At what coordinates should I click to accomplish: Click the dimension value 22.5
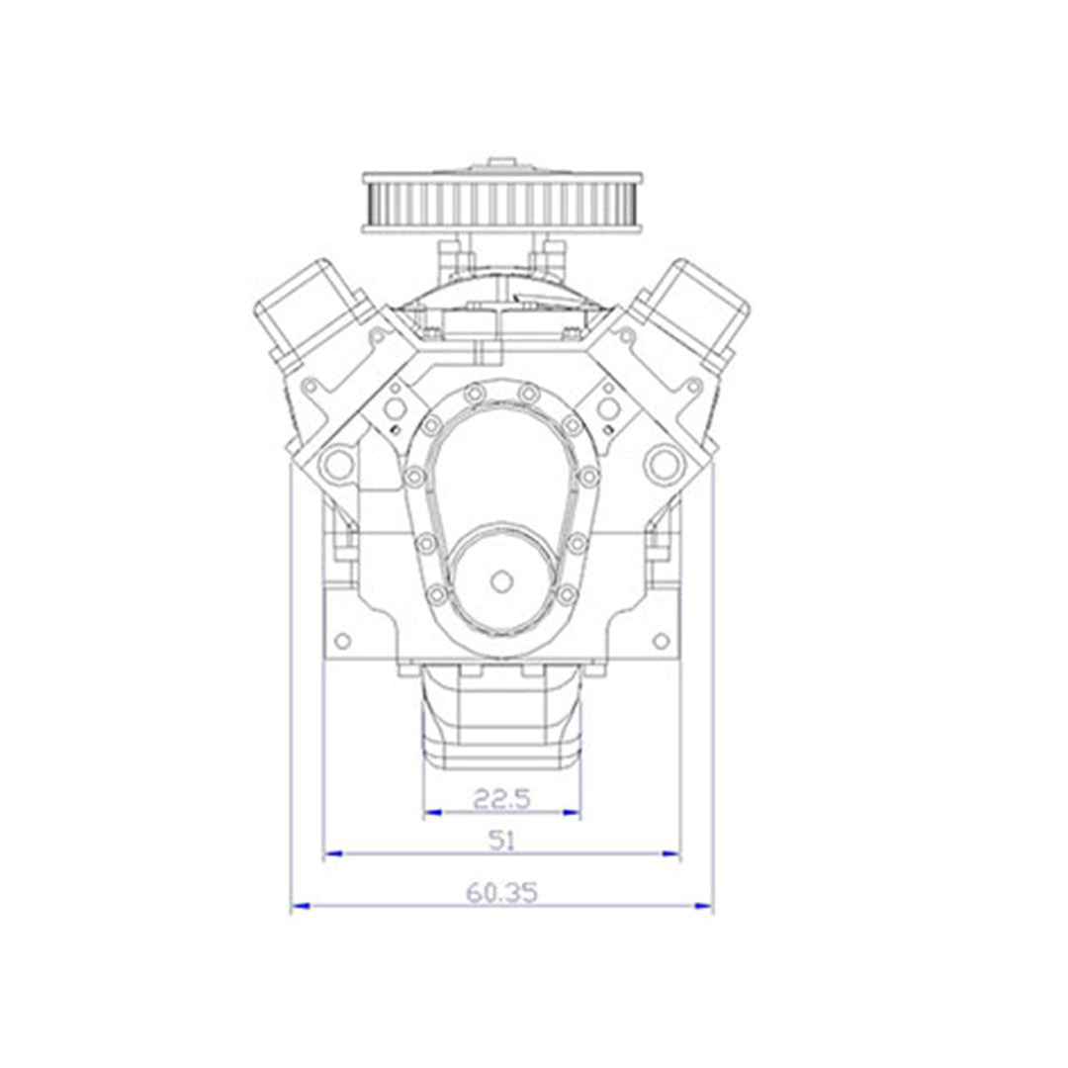pyautogui.click(x=501, y=798)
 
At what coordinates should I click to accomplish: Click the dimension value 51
pyautogui.click(x=502, y=841)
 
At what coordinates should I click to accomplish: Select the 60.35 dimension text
pyautogui.click(x=502, y=892)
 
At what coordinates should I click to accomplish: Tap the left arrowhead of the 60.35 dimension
pyautogui.click(x=301, y=906)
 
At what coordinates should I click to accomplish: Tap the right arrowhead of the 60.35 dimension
pyautogui.click(x=703, y=906)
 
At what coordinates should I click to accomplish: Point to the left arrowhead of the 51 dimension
pyautogui.click(x=332, y=853)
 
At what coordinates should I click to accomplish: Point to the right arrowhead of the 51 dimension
pyautogui.click(x=670, y=853)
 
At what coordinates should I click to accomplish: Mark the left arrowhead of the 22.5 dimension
pyautogui.click(x=433, y=812)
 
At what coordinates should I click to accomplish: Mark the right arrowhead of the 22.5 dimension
pyautogui.click(x=571, y=812)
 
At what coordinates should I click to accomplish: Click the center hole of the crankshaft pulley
pyautogui.click(x=502, y=581)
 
